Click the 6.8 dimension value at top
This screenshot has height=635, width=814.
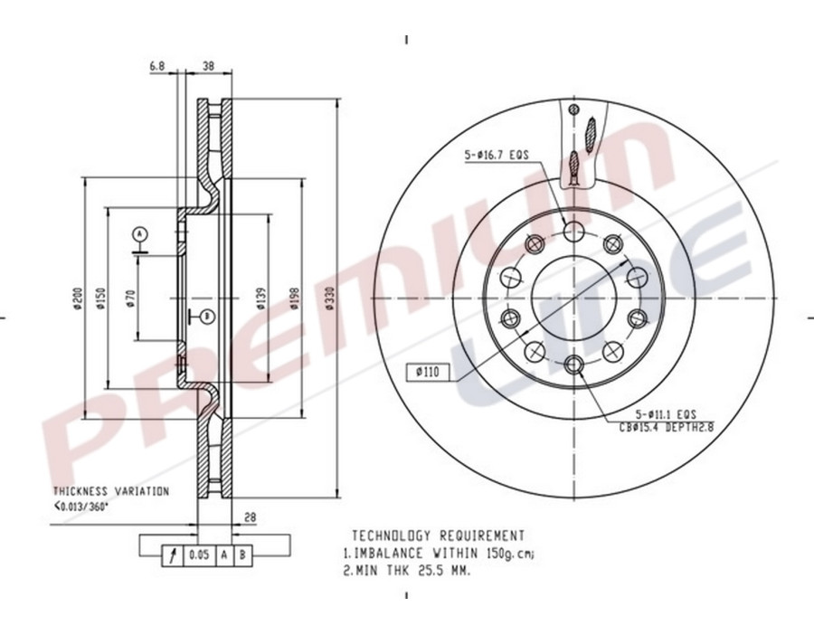pyautogui.click(x=156, y=66)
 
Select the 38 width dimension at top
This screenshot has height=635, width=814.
pyautogui.click(x=208, y=66)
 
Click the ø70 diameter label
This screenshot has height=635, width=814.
pyautogui.click(x=131, y=299)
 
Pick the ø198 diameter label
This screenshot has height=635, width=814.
pyautogui.click(x=295, y=299)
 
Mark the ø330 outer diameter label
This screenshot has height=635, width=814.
pyautogui.click(x=331, y=299)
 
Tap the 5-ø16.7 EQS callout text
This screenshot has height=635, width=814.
pyautogui.click(x=497, y=156)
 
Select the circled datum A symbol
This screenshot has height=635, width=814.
pyautogui.click(x=139, y=233)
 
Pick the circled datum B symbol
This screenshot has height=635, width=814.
pyautogui.click(x=206, y=316)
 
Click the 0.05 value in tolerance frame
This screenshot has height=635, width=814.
pyautogui.click(x=198, y=554)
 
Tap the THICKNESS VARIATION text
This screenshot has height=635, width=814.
pyautogui.click(x=111, y=491)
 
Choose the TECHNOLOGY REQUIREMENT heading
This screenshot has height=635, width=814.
pyautogui.click(x=438, y=535)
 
